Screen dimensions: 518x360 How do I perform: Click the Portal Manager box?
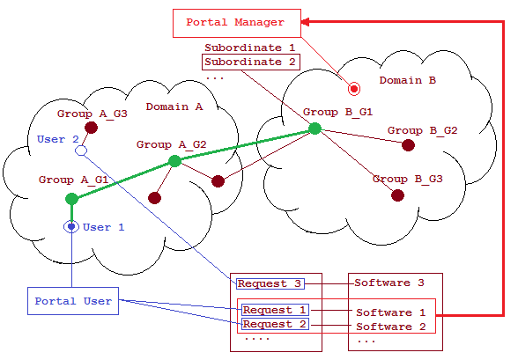pyautogui.click(x=237, y=23)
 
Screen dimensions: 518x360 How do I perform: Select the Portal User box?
pyautogui.click(x=73, y=301)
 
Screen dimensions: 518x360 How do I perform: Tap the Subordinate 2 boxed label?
pyautogui.click(x=251, y=62)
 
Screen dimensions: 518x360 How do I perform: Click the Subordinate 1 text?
pyautogui.click(x=250, y=48)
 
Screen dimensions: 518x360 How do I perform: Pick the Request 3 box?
pyautogui.click(x=270, y=283)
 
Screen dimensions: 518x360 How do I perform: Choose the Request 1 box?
pyautogui.click(x=275, y=310)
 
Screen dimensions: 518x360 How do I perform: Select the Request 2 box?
pyautogui.click(x=275, y=324)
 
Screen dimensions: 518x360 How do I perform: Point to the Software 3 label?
pyautogui.click(x=389, y=283)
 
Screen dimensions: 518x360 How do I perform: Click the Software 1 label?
pyautogui.click(x=391, y=312)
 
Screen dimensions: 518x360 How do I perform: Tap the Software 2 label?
pyautogui.click(x=391, y=327)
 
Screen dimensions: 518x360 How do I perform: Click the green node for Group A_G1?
pyautogui.click(x=71, y=199)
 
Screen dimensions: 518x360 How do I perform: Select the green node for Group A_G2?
pyautogui.click(x=174, y=161)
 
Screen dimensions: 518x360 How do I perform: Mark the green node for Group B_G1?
pyautogui.click(x=314, y=129)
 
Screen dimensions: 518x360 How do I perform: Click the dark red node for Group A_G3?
pyautogui.click(x=91, y=128)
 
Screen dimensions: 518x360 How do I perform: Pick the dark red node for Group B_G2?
pyautogui.click(x=408, y=145)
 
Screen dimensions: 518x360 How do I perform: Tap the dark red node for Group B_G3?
pyautogui.click(x=397, y=195)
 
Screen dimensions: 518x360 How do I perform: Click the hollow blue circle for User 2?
pyautogui.click(x=81, y=151)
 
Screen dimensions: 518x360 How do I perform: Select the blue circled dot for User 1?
pyautogui.click(x=71, y=227)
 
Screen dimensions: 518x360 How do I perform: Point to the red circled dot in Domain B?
pyautogui.click(x=354, y=89)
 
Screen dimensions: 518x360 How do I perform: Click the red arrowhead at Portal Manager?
pyautogui.click(x=305, y=22)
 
